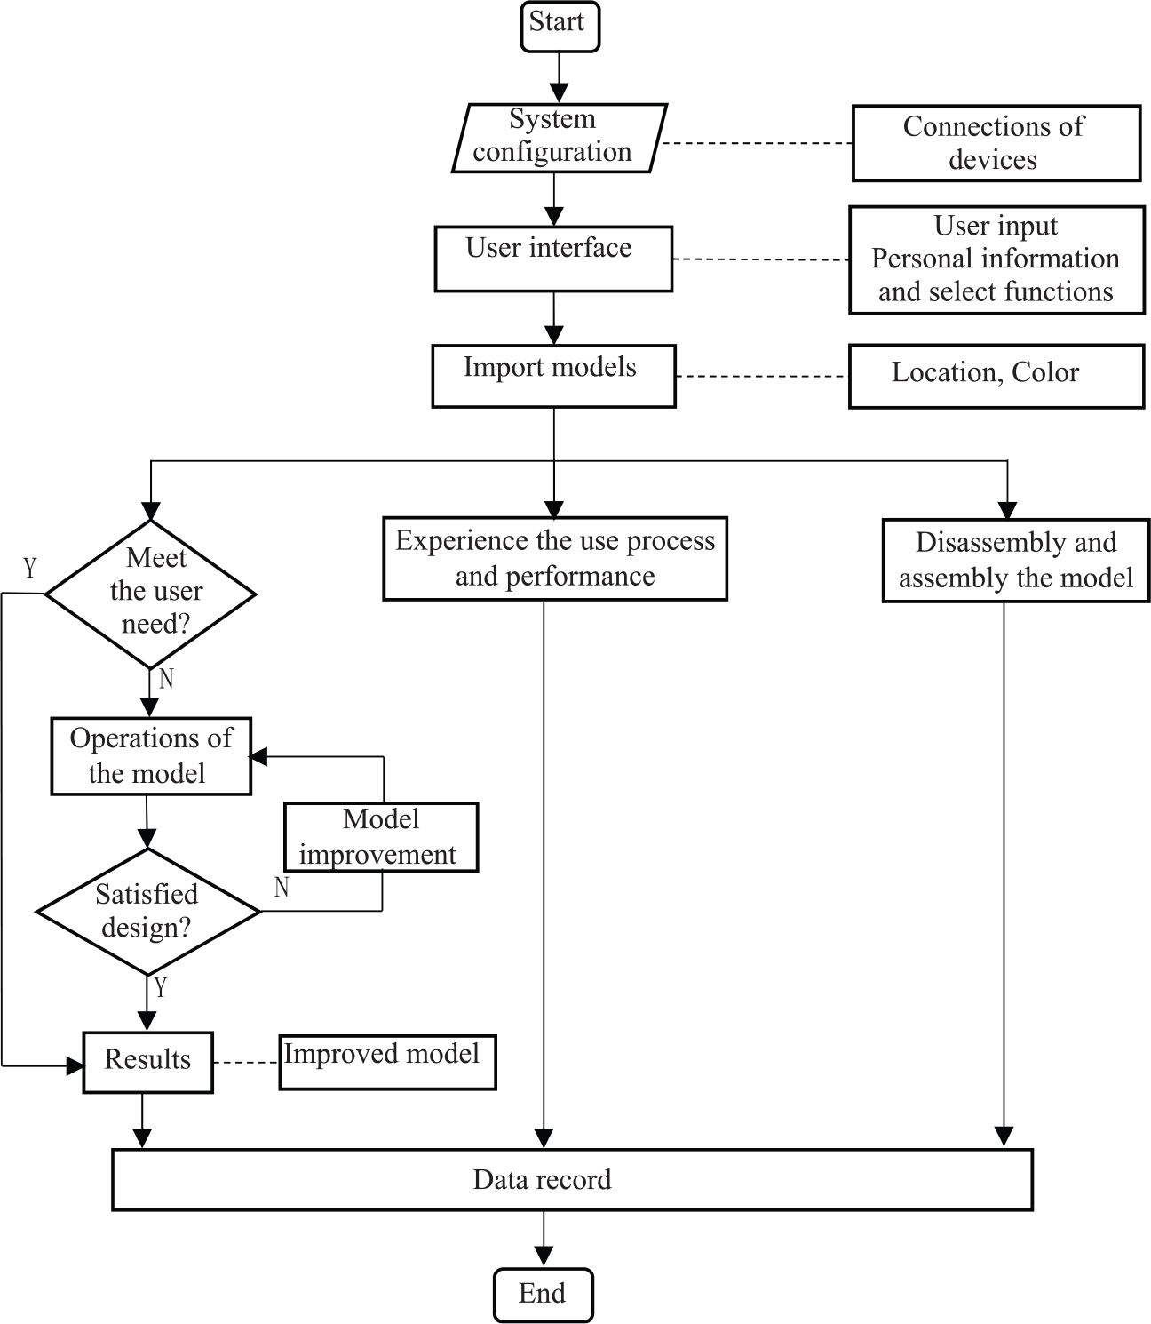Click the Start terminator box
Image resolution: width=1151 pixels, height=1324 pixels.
pyautogui.click(x=560, y=27)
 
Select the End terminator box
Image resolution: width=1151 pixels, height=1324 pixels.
pyautogui.click(x=544, y=1295)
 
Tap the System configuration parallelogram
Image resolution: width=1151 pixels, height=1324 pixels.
pyautogui.click(x=560, y=138)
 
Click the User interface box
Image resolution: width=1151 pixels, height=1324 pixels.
pyautogui.click(x=553, y=259)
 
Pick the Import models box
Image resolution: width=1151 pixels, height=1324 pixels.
pyautogui.click(x=553, y=376)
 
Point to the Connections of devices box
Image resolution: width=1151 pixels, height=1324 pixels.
pyautogui.click(x=996, y=143)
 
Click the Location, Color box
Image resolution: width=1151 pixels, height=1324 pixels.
pyautogui.click(x=996, y=376)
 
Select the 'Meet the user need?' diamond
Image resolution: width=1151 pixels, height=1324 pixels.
pyautogui.click(x=151, y=594)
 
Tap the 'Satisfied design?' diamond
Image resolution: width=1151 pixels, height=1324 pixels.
pyautogui.click(x=148, y=911)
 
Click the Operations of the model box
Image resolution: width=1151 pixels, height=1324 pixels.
pyautogui.click(x=151, y=756)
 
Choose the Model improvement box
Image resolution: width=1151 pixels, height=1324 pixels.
pyautogui.click(x=382, y=837)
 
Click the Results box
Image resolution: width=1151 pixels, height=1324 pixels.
pyautogui.click(x=148, y=1062)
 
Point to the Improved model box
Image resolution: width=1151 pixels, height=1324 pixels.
pyautogui.click(x=388, y=1062)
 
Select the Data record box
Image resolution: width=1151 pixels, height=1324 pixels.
pyautogui.click(x=572, y=1180)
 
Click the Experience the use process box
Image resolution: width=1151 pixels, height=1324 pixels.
pyautogui.click(x=555, y=558)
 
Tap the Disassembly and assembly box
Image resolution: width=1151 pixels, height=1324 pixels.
pyautogui.click(x=1016, y=561)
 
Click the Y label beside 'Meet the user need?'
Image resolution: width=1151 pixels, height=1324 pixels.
pyautogui.click(x=29, y=568)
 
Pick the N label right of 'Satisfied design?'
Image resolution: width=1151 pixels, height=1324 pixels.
pyautogui.click(x=282, y=887)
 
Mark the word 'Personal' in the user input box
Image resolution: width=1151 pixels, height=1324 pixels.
pyautogui.click(x=912, y=259)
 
